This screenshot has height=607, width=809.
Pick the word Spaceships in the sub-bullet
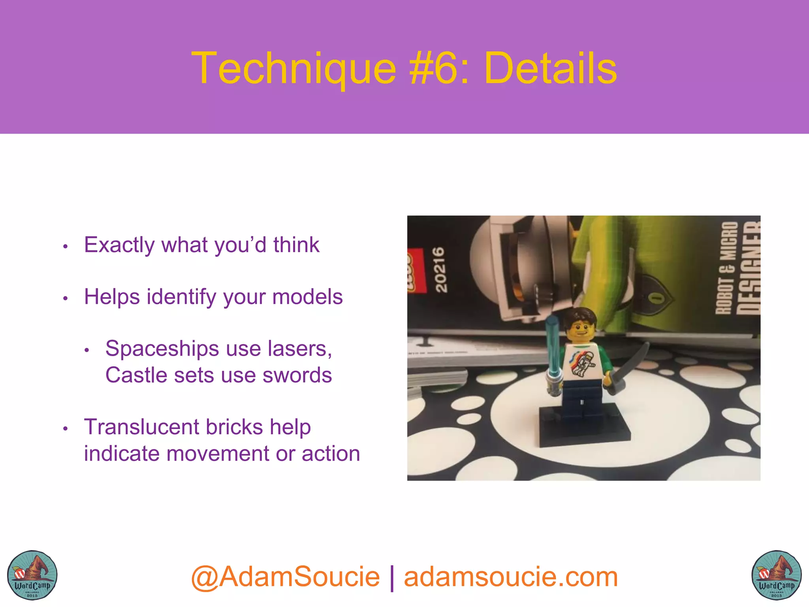coord(162,349)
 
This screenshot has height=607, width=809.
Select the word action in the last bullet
coord(331,454)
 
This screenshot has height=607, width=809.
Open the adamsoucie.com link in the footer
coord(511,577)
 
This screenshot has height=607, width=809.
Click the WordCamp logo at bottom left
coord(32,575)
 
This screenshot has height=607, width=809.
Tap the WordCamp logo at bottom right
coord(776,575)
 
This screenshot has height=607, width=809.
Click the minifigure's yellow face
coord(580,328)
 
